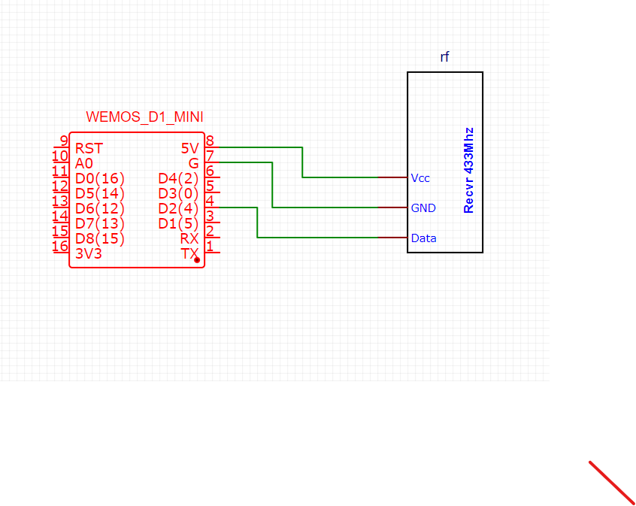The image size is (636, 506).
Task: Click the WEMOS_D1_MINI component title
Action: (x=144, y=117)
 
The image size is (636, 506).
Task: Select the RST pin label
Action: (x=89, y=148)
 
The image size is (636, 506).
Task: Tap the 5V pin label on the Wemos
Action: (x=189, y=148)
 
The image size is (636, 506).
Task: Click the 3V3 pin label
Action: (x=89, y=253)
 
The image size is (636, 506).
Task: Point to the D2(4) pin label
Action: (x=178, y=208)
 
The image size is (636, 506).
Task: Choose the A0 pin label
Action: (x=83, y=163)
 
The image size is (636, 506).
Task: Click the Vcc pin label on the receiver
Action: (x=420, y=178)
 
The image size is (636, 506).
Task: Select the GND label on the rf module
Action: (x=423, y=208)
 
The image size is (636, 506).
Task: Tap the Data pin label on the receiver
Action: (x=423, y=238)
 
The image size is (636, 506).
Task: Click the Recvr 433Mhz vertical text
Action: (x=468, y=170)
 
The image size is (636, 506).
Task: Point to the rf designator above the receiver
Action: (x=445, y=57)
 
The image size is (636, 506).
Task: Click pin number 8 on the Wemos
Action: (x=210, y=141)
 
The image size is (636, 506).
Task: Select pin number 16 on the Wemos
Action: (x=60, y=246)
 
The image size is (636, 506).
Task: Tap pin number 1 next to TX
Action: (x=210, y=246)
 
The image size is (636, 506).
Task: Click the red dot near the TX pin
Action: (x=197, y=259)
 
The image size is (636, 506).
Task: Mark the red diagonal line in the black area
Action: (x=612, y=482)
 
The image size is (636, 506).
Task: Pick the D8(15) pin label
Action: (x=100, y=238)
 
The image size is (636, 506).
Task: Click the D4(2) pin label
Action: (x=178, y=178)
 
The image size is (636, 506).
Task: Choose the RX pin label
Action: (x=189, y=238)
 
